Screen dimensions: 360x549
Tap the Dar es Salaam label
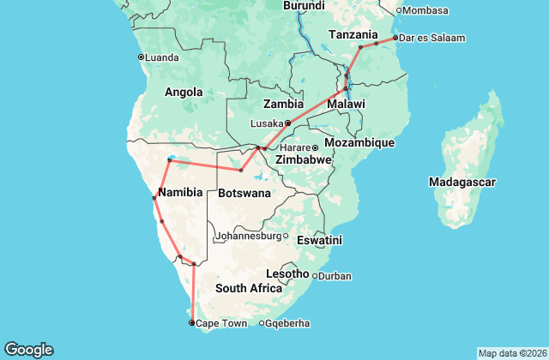[432, 38]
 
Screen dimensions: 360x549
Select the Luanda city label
[162, 58]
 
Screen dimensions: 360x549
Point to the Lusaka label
[266, 123]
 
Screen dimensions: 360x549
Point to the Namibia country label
[179, 193]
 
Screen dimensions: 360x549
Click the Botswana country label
[244, 193]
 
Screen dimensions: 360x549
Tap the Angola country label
[183, 92]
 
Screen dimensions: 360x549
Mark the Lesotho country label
[287, 273]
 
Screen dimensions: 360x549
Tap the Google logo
[28, 349]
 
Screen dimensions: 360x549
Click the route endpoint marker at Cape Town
[191, 323]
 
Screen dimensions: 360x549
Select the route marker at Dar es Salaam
[395, 38]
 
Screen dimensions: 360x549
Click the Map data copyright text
[512, 353]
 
